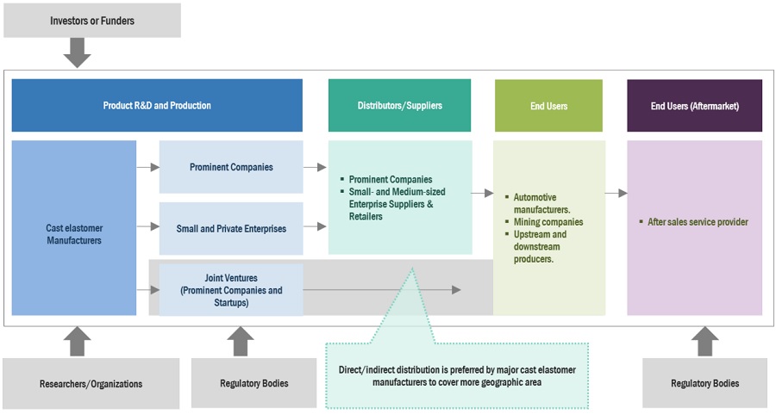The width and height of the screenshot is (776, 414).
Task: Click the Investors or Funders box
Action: pos(92,20)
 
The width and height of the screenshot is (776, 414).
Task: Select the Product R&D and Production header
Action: pos(157,106)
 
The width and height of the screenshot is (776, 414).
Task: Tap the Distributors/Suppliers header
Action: pos(399,106)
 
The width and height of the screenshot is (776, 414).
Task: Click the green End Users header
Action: pos(548,106)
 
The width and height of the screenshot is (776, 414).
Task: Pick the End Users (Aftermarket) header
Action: pos(694,106)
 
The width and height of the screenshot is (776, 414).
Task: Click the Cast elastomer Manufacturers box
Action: pos(74,235)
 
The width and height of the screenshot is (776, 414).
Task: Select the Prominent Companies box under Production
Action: pos(231,167)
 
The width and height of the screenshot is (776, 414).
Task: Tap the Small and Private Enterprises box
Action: pos(231,229)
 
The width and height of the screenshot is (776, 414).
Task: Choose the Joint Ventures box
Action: pos(231,290)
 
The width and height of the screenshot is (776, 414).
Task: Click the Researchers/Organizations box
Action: pos(91,384)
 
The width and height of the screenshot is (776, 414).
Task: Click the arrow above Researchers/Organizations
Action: pos(78,341)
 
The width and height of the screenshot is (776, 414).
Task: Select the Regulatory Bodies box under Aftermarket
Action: pos(704,384)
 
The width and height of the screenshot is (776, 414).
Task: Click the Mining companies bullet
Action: pos(548,222)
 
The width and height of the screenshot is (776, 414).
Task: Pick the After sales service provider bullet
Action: pos(698,222)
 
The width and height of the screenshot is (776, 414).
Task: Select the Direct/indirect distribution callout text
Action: pos(457,376)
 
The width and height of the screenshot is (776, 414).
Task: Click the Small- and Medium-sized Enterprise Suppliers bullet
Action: pos(397,204)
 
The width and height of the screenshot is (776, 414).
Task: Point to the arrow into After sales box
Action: pos(616,193)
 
